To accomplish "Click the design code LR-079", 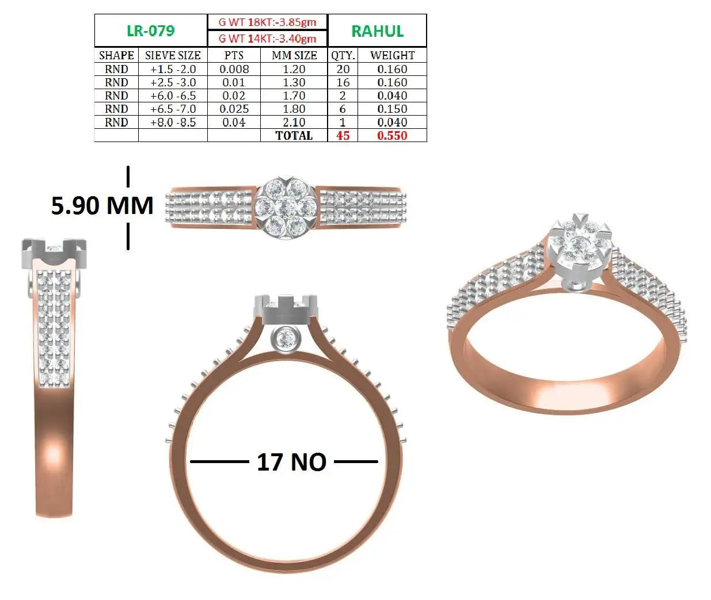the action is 150,31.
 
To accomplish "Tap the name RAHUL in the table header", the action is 377,31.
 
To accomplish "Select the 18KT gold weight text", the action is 267,22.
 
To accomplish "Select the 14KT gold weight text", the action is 267,39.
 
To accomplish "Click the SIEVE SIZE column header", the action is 173,55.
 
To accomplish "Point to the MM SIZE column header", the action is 294,55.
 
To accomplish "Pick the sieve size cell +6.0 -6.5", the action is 173,95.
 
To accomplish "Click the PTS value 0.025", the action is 234,109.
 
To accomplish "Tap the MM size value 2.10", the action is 294,122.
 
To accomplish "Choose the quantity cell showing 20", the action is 343,69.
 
